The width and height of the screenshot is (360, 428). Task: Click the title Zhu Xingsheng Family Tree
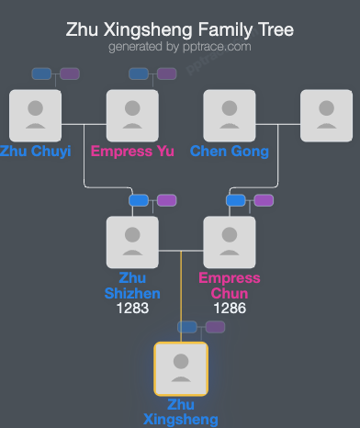click(180, 29)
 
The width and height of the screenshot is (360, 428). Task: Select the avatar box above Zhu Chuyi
click(35, 116)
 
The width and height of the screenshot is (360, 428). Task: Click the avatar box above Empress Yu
click(132, 116)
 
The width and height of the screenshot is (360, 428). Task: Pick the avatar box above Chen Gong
click(230, 116)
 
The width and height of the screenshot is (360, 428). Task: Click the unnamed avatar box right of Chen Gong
click(327, 116)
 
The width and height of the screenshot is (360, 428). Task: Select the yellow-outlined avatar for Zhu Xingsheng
click(181, 368)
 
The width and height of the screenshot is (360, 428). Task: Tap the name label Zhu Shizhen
click(132, 286)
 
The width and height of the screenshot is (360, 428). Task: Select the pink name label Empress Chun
click(230, 286)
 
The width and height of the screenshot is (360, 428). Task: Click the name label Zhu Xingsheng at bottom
click(181, 411)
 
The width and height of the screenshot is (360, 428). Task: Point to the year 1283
click(132, 310)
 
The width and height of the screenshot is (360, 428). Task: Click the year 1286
click(230, 310)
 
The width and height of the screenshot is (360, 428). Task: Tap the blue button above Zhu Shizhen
click(139, 200)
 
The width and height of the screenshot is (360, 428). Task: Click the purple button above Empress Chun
click(264, 200)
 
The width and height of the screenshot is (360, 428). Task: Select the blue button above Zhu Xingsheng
click(187, 326)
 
